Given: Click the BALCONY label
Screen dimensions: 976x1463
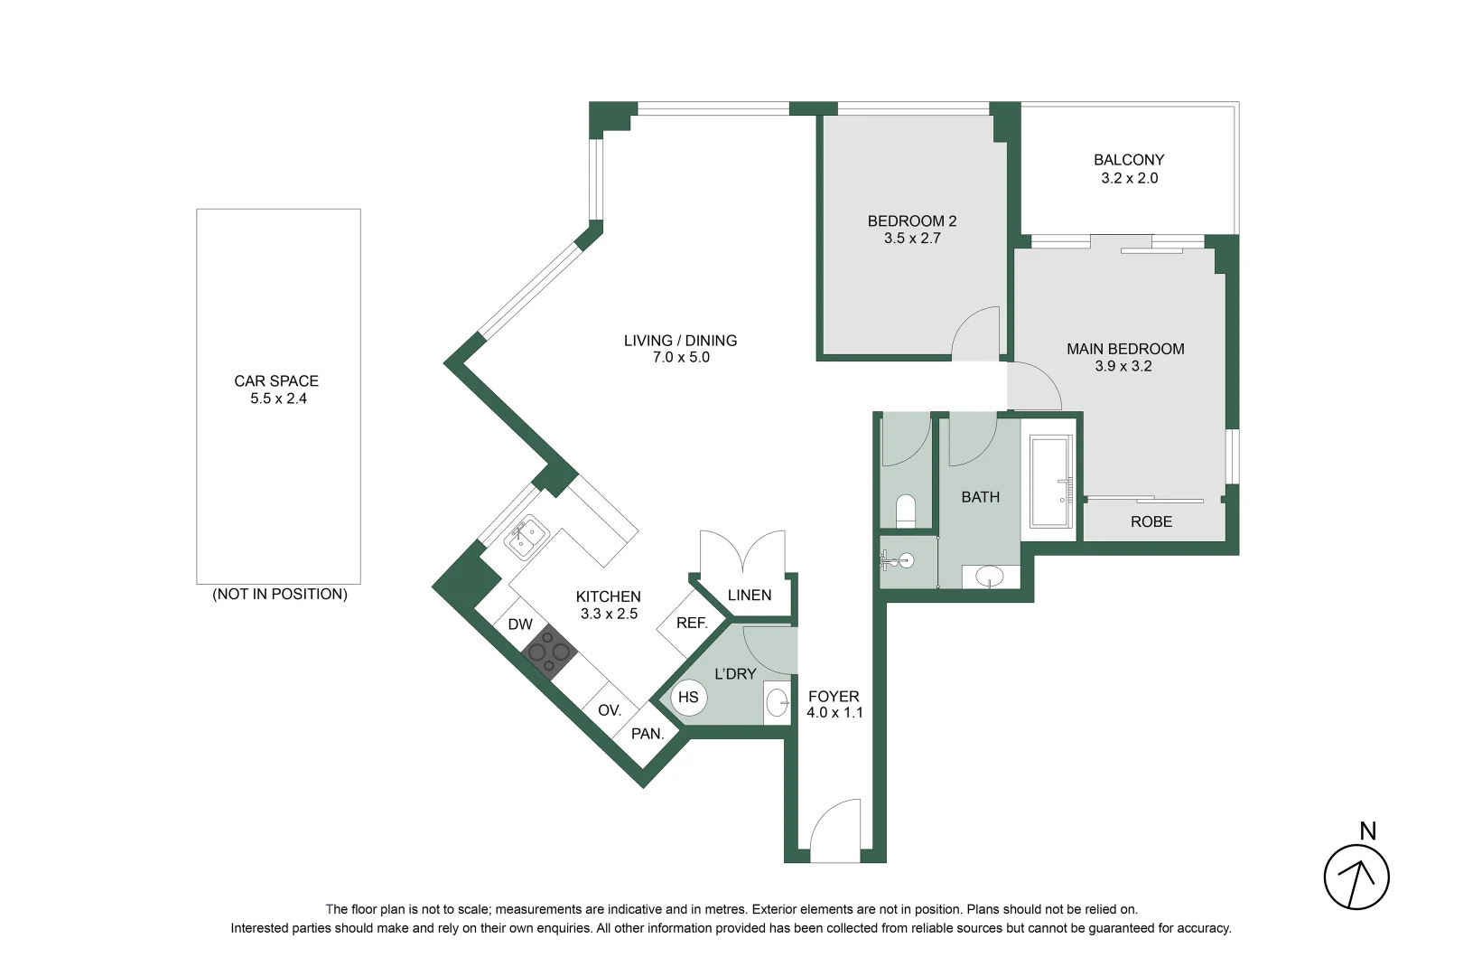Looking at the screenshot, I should [1128, 160].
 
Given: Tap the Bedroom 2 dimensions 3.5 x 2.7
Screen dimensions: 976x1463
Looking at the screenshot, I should [911, 239].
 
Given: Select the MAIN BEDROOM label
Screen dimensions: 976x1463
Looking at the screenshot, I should [1124, 349].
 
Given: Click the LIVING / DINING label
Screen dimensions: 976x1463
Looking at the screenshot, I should [680, 341].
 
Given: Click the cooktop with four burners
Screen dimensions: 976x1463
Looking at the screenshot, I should [549, 650].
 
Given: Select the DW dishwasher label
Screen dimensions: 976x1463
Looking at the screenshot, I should [520, 624].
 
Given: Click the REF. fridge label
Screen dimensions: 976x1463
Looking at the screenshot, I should [692, 623].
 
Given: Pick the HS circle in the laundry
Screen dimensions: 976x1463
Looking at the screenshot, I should [688, 697].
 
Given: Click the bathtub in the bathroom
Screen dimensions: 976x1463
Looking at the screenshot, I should [1050, 482].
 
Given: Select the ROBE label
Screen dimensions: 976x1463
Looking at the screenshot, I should [1151, 522].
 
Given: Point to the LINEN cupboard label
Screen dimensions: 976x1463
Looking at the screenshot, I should [749, 595].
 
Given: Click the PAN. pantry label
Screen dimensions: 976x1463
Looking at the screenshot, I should [648, 734].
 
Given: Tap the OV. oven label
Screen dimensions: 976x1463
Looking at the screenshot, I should [610, 710].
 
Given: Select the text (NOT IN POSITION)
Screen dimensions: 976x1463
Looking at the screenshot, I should [279, 594].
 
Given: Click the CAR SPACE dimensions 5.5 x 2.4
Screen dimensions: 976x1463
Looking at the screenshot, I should [278, 399].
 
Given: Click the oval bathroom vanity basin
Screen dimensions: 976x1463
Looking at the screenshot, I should [991, 576].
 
